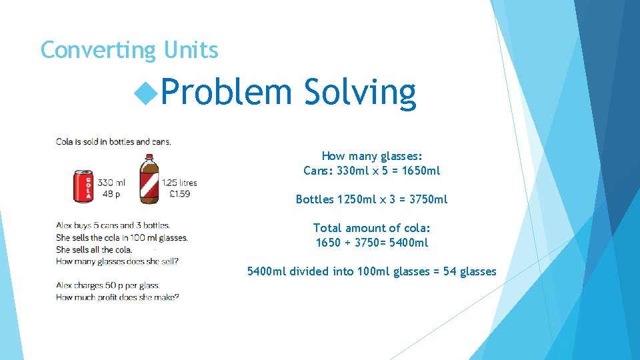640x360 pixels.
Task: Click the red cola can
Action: [x=83, y=185]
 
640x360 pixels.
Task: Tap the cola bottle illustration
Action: [x=149, y=179]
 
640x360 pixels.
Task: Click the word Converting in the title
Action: [x=97, y=50]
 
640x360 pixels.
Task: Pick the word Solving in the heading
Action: [x=360, y=92]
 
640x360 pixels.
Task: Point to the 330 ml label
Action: [x=111, y=183]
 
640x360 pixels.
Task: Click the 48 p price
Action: [x=109, y=194]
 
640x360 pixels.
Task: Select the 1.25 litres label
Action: [x=179, y=183]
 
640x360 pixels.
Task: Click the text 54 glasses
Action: [x=470, y=271]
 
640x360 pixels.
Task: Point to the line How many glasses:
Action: [x=372, y=156]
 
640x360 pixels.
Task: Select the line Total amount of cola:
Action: [x=372, y=228]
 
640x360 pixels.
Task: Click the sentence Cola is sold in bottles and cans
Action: [x=113, y=141]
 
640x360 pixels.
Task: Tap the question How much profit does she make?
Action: [x=117, y=297]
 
